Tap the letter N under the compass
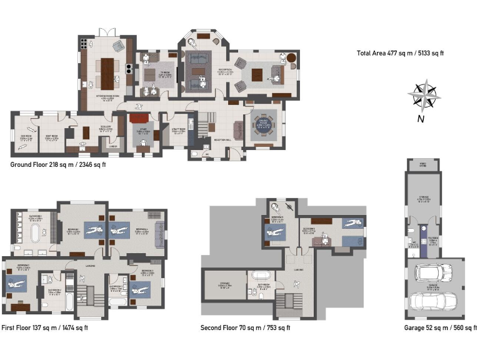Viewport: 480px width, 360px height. (421, 119)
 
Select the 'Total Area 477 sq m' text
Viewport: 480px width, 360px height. (400, 52)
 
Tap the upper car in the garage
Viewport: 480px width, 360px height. (431, 273)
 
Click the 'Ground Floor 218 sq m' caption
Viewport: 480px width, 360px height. (58, 165)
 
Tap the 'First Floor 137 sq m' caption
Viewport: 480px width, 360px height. (44, 327)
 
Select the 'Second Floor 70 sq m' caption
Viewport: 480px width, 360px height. (245, 327)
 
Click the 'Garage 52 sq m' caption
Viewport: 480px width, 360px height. (440, 327)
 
